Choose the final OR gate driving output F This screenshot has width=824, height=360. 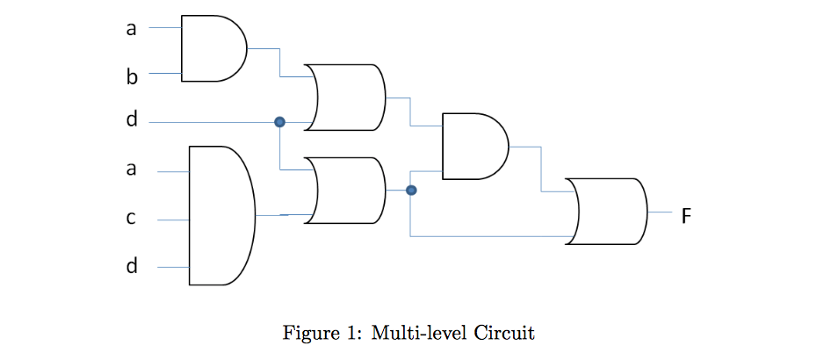point(607,212)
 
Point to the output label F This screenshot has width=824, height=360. point(687,214)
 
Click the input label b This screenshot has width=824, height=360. point(132,77)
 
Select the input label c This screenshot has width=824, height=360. point(131,219)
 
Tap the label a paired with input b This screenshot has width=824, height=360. point(132,29)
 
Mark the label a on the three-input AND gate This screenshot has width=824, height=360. point(132,169)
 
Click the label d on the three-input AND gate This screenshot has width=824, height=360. point(132,264)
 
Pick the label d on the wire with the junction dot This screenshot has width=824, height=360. point(132,120)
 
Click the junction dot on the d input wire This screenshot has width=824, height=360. point(279,122)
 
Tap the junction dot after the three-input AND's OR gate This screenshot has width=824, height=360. point(410,190)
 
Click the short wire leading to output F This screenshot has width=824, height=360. point(660,212)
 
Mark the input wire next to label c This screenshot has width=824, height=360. point(173,220)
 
